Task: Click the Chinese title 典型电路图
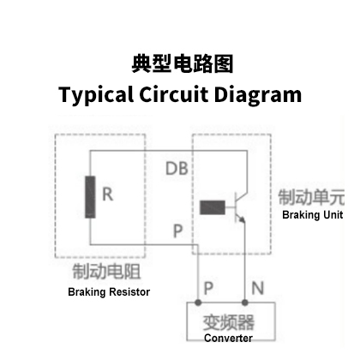point(183,63)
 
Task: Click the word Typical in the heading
point(96,95)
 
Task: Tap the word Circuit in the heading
point(174,94)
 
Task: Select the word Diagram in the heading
point(258,95)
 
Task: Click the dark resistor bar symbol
point(90,197)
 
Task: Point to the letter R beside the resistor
point(107,195)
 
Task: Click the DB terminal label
point(177,168)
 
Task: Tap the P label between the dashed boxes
point(177,231)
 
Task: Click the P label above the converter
point(208,288)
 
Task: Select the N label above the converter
point(258,288)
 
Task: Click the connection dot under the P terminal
point(198,303)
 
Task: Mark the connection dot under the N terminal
point(245,303)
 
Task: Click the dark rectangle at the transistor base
point(213,207)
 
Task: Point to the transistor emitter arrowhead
point(242,219)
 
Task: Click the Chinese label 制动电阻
point(106,272)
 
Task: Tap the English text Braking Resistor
point(109,292)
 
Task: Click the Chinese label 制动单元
point(311,197)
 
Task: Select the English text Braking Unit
point(313,215)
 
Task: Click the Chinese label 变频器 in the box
point(229,322)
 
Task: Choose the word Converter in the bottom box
point(228,339)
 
